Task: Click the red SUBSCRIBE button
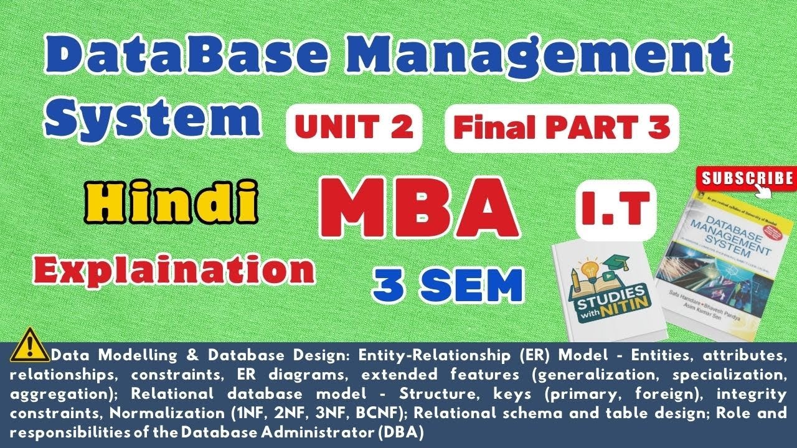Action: (747, 179)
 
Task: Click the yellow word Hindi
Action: (172, 202)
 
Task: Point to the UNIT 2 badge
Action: (354, 128)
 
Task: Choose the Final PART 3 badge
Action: (562, 128)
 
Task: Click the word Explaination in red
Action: (166, 269)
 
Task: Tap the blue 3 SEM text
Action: (446, 285)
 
